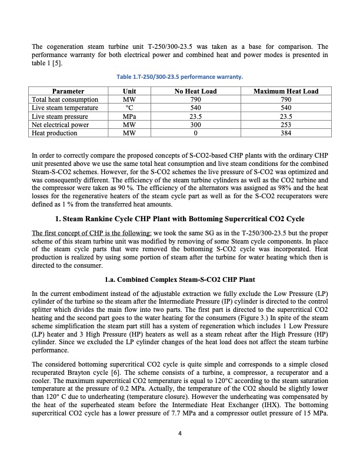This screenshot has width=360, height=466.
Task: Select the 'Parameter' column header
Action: (68, 91)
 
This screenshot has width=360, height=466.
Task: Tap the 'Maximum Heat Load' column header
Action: (285, 91)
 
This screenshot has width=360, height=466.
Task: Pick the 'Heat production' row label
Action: (54, 133)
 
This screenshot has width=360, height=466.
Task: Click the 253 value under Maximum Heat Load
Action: (285, 125)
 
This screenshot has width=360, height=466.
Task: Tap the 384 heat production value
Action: (285, 133)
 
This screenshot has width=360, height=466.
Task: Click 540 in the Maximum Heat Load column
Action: (285, 108)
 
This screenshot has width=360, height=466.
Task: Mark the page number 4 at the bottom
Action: (180, 434)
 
